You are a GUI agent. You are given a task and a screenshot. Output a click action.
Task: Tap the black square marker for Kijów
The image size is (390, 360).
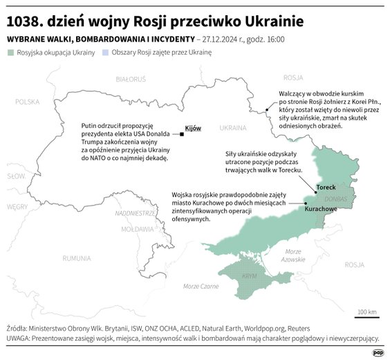pyautogui.click(x=182, y=134)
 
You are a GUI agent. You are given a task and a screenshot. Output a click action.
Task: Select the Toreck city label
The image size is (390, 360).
pyautogui.click(x=325, y=188)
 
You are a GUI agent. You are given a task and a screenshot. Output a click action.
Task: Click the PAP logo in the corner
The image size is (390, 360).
pyautogui.click(x=378, y=352)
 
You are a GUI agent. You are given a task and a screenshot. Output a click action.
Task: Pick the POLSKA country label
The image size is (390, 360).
pyautogui.click(x=28, y=101)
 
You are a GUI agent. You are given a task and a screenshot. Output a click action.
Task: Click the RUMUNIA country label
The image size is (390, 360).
pyautogui.click(x=76, y=258)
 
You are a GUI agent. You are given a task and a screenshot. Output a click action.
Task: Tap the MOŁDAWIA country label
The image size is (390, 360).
pyautogui.click(x=136, y=228)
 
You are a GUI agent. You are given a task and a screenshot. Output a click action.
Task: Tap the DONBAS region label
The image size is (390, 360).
pyautogui.click(x=337, y=199)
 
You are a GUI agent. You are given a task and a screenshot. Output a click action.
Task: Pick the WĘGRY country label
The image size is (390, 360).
pyautogui.click(x=17, y=206)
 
